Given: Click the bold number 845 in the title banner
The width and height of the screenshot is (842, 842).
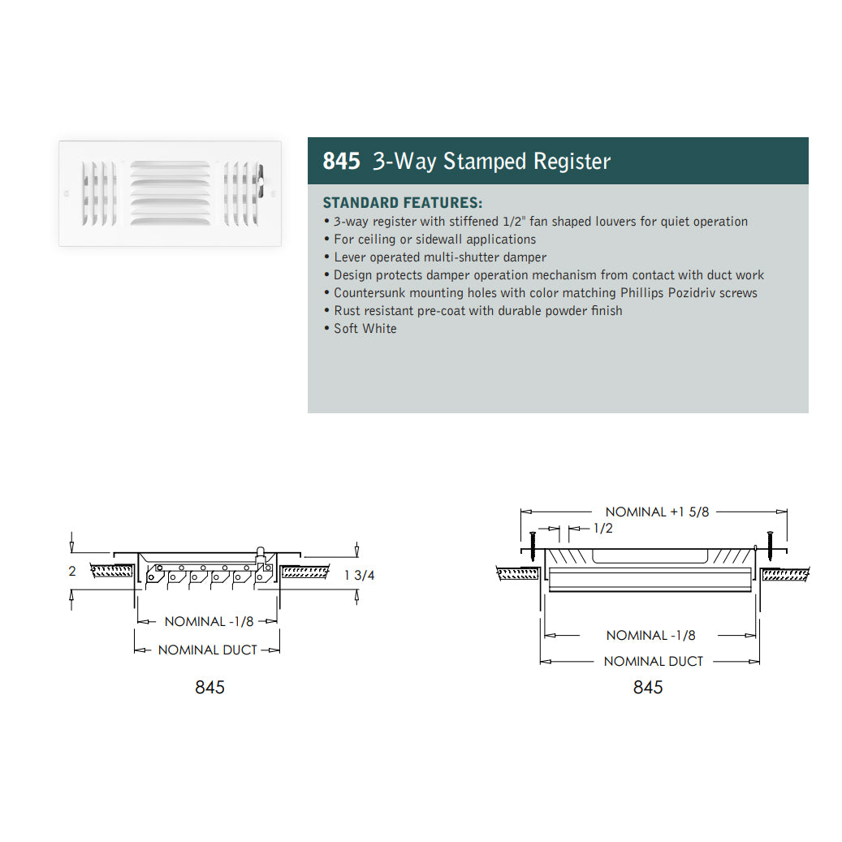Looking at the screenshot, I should click(341, 162).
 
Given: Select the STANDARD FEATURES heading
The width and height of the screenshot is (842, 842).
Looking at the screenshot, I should click(402, 202).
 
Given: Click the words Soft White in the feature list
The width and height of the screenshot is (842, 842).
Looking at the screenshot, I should click(365, 328).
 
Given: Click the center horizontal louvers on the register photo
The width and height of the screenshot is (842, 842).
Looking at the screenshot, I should click(170, 192).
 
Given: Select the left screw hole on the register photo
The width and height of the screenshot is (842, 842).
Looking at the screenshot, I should click(67, 193).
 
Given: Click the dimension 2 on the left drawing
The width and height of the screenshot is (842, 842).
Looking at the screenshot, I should click(72, 572).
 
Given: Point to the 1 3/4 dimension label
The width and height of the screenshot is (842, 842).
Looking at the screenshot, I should click(360, 575).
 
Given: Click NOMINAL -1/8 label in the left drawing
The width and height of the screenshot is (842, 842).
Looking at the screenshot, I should click(209, 621).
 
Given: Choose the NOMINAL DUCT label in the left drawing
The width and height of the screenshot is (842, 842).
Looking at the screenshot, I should click(207, 650).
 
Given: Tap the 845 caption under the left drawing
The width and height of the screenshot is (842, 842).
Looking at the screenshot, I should click(209, 687).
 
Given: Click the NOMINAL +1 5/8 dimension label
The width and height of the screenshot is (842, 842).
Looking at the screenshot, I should click(657, 512).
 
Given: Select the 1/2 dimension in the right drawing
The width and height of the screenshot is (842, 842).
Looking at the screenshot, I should click(602, 529).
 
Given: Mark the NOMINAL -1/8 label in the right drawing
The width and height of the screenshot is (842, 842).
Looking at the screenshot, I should click(650, 635).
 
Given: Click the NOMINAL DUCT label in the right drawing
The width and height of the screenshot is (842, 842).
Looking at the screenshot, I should click(653, 661).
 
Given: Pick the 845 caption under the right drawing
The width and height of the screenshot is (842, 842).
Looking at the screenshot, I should click(648, 687).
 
